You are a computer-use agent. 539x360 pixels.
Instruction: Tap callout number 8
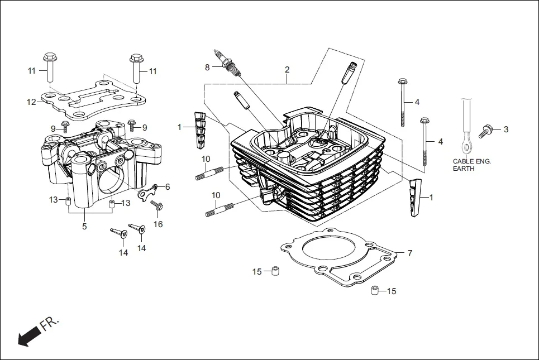coord(207,68)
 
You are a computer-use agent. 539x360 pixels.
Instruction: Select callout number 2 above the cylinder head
coord(287,70)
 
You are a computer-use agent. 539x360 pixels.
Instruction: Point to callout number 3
coord(506,129)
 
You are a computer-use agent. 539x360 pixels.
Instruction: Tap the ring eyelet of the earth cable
coord(465,147)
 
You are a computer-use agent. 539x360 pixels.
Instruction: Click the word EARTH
coord(464,169)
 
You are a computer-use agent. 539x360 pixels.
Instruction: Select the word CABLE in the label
coord(463,161)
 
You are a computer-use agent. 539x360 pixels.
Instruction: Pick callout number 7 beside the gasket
coord(410,253)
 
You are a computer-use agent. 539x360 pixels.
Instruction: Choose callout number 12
coord(31,102)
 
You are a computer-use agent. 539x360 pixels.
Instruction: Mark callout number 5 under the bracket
coord(84,227)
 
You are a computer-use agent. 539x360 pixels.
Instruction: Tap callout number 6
coord(167,186)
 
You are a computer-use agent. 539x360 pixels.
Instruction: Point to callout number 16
coord(159,224)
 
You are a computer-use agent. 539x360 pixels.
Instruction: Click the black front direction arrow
coord(30,336)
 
